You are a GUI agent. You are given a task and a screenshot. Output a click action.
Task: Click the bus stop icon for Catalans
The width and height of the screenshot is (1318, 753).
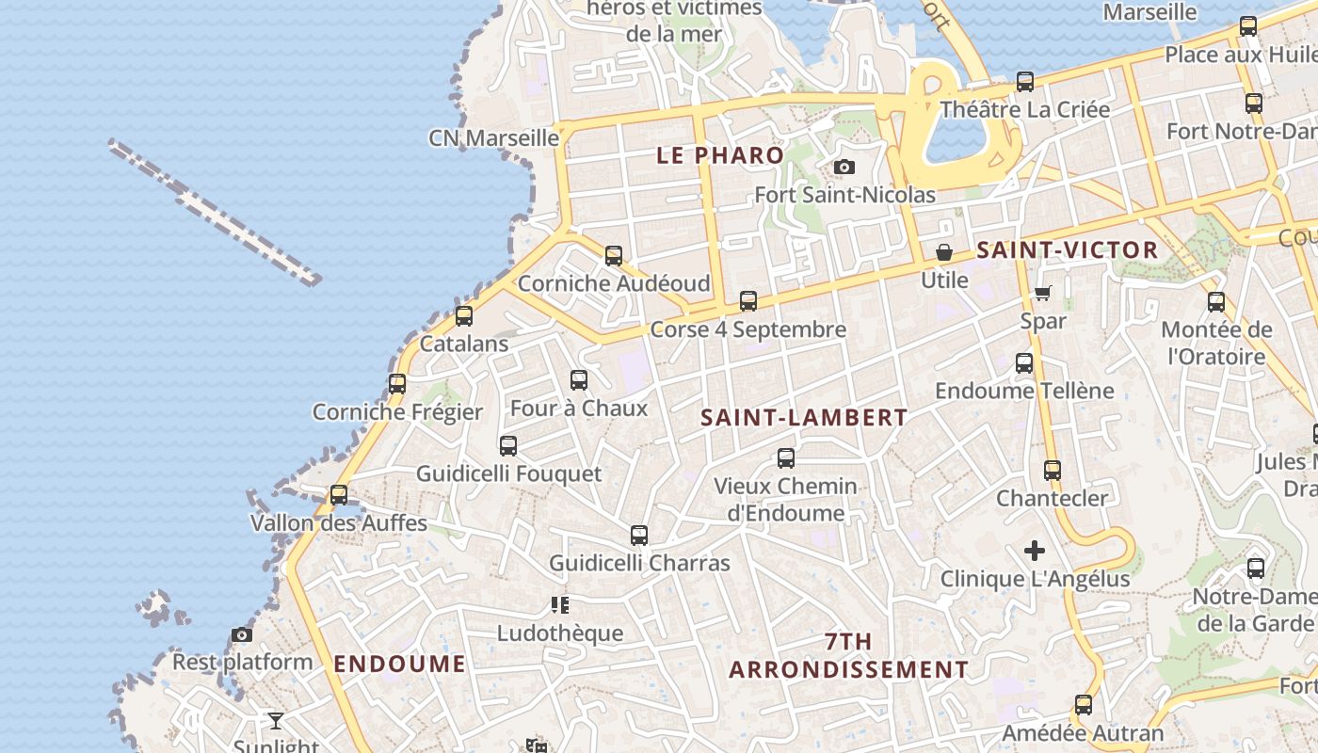(x=463, y=316)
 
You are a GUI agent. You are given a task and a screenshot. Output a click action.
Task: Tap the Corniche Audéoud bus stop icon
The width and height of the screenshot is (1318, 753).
(x=614, y=255)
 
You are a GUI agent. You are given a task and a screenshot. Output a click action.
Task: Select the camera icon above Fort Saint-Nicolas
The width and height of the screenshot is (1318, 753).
(x=844, y=167)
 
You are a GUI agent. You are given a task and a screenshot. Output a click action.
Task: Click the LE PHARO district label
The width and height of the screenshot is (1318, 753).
(x=720, y=155)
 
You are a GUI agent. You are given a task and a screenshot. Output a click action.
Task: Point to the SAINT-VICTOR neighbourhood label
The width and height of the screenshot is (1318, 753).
(x=1067, y=250)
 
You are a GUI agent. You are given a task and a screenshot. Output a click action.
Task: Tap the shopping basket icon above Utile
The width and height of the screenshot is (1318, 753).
(x=943, y=252)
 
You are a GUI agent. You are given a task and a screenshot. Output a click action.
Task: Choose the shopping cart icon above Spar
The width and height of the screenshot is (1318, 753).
(x=1042, y=294)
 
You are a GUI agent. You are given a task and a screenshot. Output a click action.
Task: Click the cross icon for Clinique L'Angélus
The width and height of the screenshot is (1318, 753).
(x=1035, y=551)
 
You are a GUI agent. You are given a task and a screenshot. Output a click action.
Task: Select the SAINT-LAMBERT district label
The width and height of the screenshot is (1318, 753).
(x=804, y=418)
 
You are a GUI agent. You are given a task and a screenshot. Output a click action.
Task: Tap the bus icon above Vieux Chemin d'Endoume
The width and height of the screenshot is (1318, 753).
(x=785, y=458)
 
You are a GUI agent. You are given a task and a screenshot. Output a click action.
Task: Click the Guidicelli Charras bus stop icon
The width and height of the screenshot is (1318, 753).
(x=639, y=536)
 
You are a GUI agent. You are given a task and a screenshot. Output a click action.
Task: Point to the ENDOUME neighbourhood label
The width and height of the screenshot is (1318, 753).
(x=399, y=664)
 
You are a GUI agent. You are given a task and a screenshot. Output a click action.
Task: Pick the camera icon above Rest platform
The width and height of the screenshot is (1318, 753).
(x=242, y=634)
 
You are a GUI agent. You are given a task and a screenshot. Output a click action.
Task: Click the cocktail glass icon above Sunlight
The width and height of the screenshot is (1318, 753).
(x=275, y=721)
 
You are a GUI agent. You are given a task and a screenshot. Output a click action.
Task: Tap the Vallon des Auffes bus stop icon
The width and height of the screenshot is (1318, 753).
(x=338, y=494)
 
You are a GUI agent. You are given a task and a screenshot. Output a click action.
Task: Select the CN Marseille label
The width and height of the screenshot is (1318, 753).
(x=494, y=138)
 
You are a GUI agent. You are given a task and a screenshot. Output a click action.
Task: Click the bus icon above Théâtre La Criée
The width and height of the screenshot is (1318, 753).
(x=1025, y=82)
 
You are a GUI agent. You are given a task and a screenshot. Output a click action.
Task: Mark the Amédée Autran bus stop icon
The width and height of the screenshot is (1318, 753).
(x=1084, y=704)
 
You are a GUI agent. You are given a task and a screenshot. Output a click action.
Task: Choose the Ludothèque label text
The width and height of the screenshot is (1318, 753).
(x=560, y=633)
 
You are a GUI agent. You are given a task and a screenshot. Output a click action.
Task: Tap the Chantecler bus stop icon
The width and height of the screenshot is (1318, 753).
(x=1053, y=470)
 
